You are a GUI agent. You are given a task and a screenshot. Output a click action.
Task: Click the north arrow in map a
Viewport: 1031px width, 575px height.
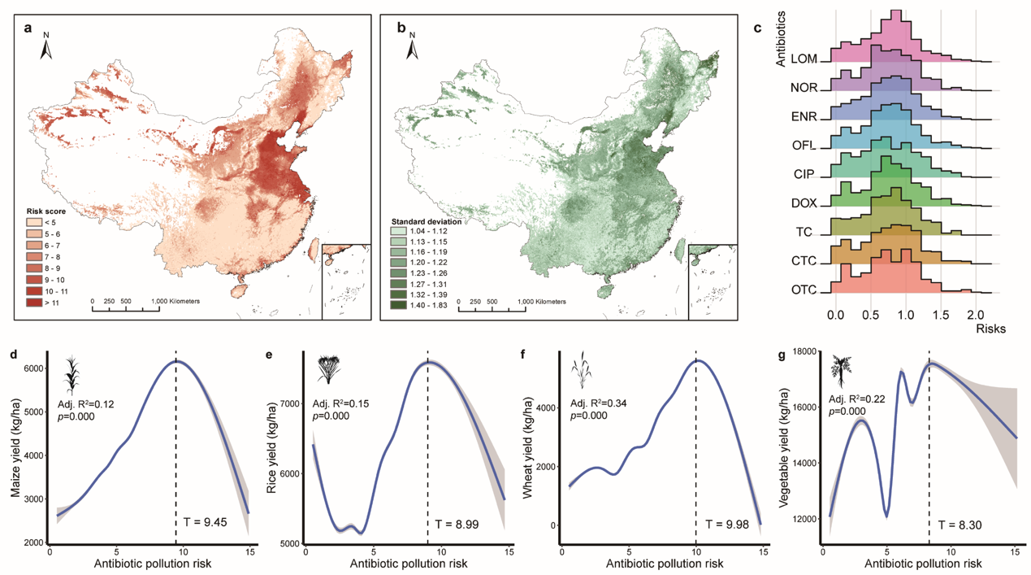(x=46, y=48)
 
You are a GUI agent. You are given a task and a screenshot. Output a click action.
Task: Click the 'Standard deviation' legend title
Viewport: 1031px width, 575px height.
(x=427, y=221)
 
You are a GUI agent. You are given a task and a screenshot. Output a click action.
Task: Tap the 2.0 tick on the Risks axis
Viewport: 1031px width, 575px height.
(x=976, y=313)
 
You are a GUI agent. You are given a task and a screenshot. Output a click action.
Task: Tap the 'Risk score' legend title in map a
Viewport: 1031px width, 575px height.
(x=47, y=210)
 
